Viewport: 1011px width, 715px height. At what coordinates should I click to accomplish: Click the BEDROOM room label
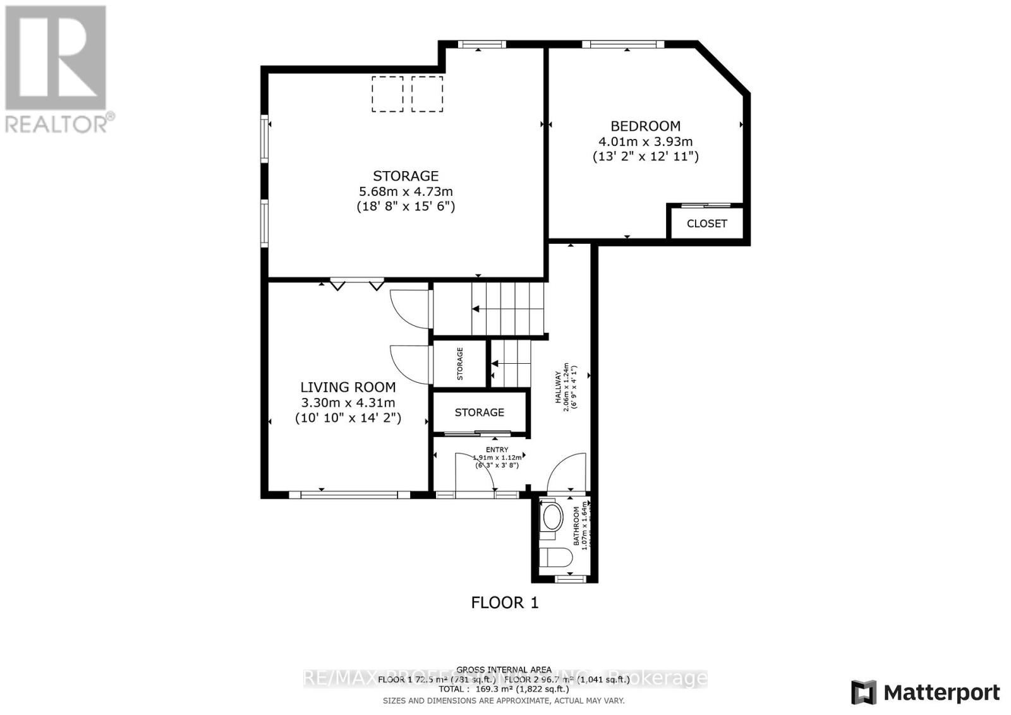(645, 126)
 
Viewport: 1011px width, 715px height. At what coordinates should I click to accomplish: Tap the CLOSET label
(706, 224)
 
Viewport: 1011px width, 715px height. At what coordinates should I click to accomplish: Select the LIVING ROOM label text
(348, 387)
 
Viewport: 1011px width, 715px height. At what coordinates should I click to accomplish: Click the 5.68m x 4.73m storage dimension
(405, 191)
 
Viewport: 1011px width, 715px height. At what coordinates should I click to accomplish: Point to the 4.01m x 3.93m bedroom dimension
(645, 141)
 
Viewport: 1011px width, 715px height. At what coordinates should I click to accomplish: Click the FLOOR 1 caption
(504, 603)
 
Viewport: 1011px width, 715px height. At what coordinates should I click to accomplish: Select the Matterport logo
(925, 692)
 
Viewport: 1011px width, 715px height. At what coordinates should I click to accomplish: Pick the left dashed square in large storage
(387, 94)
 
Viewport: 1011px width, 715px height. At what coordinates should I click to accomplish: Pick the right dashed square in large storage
(427, 94)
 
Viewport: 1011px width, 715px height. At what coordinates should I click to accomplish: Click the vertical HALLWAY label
(559, 387)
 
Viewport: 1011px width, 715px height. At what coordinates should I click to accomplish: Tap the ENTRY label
(497, 450)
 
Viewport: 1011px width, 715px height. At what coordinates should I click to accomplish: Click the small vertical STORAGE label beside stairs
(460, 364)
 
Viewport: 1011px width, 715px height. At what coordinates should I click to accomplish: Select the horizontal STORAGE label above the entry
(479, 412)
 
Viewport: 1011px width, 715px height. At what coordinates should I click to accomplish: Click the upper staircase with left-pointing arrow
(505, 308)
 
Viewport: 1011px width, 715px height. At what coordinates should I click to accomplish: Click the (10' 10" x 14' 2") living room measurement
(348, 418)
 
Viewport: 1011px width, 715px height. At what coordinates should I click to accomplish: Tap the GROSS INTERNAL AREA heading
(504, 670)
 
